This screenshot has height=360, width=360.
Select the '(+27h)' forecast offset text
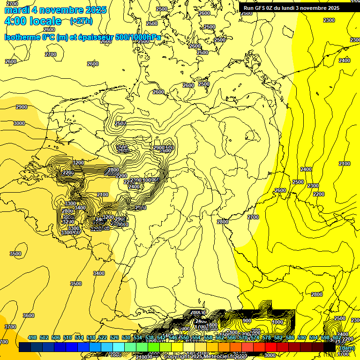coord(81,21)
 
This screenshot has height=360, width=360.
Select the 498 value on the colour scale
coord(32,337)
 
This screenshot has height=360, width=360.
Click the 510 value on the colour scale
coord(67,337)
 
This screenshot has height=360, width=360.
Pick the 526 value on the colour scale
coord(114,337)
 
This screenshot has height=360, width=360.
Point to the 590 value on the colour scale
coord(302,337)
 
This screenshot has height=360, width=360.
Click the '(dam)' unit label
coord(347,348)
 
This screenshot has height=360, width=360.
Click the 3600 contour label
coord(29,315)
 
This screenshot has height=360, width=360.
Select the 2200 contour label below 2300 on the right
coord(318,194)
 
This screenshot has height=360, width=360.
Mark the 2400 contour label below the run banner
coord(344,60)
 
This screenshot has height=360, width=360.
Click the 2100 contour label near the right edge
coord(344,164)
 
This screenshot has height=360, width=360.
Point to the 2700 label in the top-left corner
coord(13,4)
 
